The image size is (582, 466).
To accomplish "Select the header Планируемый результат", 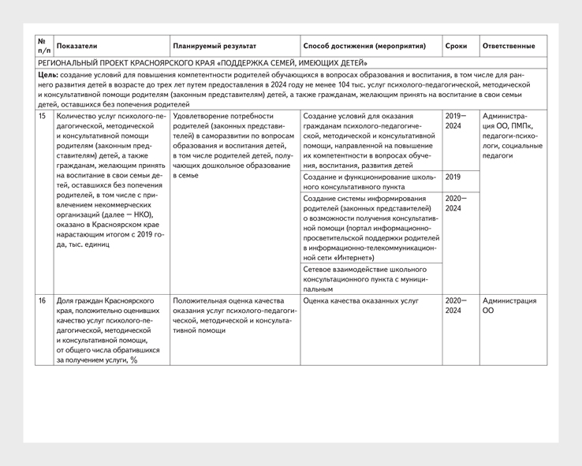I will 215,47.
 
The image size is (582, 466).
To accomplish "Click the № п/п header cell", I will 43,47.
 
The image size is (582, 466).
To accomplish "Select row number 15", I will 43,117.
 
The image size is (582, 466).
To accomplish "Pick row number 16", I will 43,300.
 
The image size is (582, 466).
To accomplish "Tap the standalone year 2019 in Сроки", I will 453,177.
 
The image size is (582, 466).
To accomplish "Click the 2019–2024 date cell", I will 456,121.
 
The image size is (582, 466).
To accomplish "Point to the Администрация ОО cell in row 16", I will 509,305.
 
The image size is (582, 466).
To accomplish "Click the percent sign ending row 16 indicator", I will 134,360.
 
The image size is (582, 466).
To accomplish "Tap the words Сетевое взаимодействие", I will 345,270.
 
